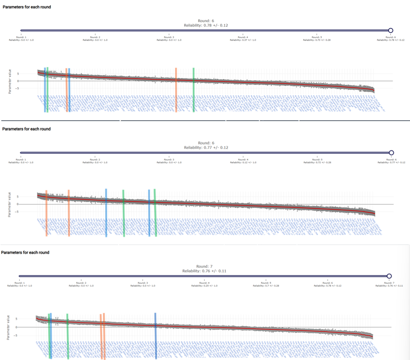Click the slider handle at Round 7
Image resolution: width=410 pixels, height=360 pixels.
click(389, 276)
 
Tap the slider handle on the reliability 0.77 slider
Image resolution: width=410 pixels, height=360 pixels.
click(392, 153)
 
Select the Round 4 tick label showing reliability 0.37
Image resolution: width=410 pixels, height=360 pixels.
click(243, 39)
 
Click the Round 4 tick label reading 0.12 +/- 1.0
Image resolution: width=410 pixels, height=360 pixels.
click(243, 161)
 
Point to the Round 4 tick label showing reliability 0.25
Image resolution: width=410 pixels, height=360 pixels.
click(204, 284)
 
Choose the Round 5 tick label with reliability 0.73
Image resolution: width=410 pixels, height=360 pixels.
click(317, 39)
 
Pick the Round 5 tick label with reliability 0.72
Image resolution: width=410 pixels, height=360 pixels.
click(317, 161)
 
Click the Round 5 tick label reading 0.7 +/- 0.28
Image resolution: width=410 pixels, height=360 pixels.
click(266, 284)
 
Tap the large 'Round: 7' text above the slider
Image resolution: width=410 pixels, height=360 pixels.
click(204, 266)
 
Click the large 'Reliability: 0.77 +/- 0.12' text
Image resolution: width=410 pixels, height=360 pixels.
click(206, 148)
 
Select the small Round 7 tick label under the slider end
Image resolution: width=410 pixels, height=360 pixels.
click(388, 284)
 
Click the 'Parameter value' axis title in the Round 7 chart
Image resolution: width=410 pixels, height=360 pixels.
click(8, 327)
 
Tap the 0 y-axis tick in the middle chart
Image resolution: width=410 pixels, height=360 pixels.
click(17, 204)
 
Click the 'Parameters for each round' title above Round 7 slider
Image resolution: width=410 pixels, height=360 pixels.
click(25, 252)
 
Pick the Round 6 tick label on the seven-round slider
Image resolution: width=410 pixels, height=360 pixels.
click(327, 284)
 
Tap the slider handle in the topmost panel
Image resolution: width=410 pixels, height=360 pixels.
click(391, 30)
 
